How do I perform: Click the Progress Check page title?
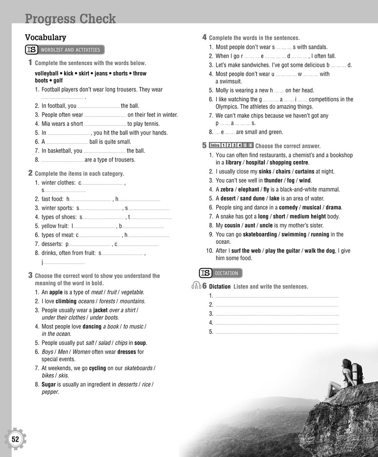point(70,19)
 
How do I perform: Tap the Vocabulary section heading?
point(46,37)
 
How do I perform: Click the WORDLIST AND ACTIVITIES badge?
point(65,50)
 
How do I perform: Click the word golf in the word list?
point(58,81)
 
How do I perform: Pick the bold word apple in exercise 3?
point(56,292)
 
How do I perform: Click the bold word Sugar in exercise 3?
point(49,385)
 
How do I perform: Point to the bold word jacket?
point(100,310)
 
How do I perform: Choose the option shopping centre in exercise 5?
point(289,162)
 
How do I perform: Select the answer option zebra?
point(227,189)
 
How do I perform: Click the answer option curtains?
point(305,171)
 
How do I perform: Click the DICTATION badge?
point(221,273)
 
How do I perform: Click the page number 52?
point(15,439)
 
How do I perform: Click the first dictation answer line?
point(276,296)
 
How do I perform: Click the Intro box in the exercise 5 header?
point(215,145)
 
